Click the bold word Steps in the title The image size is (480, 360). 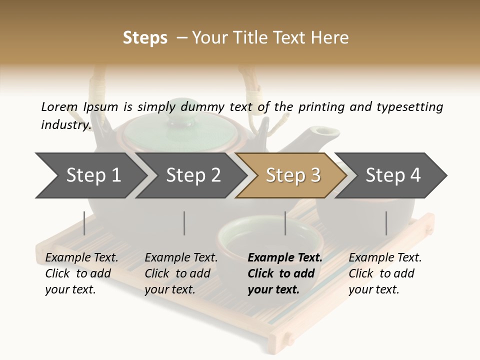145,38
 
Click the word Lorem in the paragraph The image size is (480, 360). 59,106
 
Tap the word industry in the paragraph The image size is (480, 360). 65,124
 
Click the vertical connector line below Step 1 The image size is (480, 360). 84,223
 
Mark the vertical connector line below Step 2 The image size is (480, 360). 184,223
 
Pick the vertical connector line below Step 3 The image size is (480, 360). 285,223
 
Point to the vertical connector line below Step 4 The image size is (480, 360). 386,223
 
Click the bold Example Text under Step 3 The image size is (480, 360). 285,258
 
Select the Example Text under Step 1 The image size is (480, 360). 81,258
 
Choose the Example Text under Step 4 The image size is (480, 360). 385,258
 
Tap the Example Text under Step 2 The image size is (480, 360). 181,258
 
